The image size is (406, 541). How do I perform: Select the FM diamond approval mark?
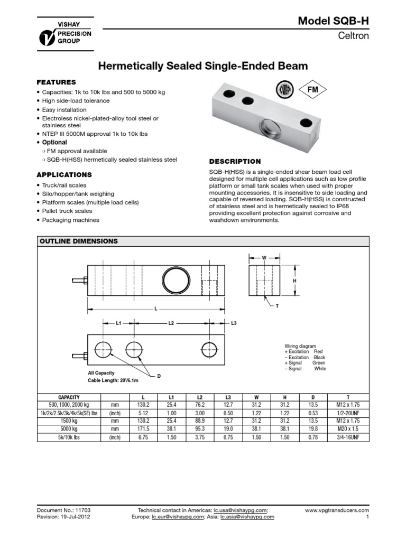point(312,90)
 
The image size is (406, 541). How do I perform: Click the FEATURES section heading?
point(56,82)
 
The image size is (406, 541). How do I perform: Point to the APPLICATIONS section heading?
point(64,174)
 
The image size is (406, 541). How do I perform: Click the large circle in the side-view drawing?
point(174,278)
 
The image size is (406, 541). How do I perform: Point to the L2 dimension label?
point(171,322)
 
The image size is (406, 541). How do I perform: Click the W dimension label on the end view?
point(264,258)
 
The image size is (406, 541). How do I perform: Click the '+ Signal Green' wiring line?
point(305,363)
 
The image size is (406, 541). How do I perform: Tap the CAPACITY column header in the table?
point(68,397)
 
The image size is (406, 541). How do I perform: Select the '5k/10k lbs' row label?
point(68,438)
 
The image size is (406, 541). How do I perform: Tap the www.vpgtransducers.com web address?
point(337,510)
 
